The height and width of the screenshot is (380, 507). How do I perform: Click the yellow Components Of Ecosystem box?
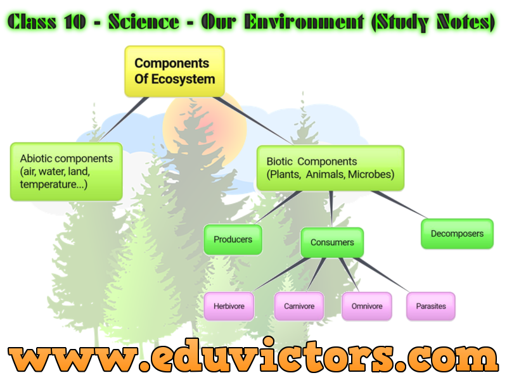[x=174, y=71]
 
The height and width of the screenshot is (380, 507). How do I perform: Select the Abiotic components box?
[x=67, y=171]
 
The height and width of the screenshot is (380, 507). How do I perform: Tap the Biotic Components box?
[x=330, y=168]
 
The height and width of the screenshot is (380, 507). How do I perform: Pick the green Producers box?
[x=233, y=239]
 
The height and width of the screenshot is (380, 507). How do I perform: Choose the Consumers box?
[x=332, y=243]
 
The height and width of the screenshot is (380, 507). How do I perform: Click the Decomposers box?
[x=457, y=234]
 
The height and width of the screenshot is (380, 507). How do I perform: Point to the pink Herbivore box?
[x=229, y=306]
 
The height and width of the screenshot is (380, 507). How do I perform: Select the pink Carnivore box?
[x=298, y=306]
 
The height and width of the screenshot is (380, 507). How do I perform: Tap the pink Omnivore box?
[x=366, y=306]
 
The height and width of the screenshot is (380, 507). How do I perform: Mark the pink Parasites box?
[x=431, y=306]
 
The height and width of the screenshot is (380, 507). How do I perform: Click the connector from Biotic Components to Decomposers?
[x=399, y=204]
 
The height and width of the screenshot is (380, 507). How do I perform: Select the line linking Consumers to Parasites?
[x=387, y=275]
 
